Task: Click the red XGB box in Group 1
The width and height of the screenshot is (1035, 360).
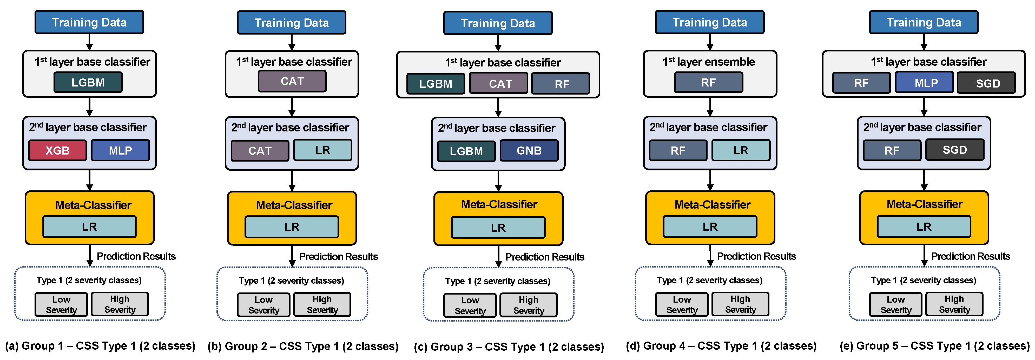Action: [57, 150]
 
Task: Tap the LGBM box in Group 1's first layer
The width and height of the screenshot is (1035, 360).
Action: [88, 82]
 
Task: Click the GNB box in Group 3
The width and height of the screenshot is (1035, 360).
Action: [529, 151]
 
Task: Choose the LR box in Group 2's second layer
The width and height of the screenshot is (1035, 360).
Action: [323, 150]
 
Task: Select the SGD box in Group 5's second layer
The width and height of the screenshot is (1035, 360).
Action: [955, 150]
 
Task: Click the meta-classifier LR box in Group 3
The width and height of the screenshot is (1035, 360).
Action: [498, 228]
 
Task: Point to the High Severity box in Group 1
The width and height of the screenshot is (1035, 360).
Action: [120, 304]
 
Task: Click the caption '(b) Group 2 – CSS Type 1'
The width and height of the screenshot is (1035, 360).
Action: [303, 346]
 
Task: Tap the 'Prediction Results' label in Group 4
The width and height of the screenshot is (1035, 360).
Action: [756, 256]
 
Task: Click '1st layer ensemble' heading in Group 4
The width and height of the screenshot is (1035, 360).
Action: [708, 62]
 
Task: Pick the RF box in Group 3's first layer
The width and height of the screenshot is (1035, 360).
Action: [561, 84]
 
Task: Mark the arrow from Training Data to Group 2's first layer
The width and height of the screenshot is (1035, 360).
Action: [292, 42]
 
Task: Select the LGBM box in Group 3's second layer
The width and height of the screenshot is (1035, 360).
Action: [466, 151]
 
